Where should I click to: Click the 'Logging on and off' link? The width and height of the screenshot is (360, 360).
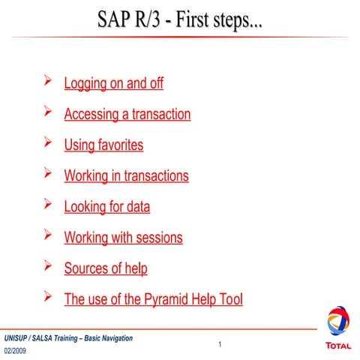[113, 83]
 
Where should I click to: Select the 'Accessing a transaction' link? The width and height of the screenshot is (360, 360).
[127, 115]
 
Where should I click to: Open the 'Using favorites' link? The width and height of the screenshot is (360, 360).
[103, 145]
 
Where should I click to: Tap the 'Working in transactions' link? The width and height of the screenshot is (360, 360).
[126, 176]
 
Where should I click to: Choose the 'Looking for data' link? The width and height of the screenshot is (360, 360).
[106, 206]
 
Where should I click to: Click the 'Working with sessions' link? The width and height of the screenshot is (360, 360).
[123, 238]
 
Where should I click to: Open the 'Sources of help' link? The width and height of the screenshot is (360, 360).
[106, 268]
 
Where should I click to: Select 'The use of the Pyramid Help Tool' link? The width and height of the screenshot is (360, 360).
[153, 299]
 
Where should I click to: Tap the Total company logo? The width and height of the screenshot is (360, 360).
[337, 328]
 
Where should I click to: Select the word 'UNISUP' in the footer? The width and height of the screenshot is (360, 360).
[17, 338]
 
